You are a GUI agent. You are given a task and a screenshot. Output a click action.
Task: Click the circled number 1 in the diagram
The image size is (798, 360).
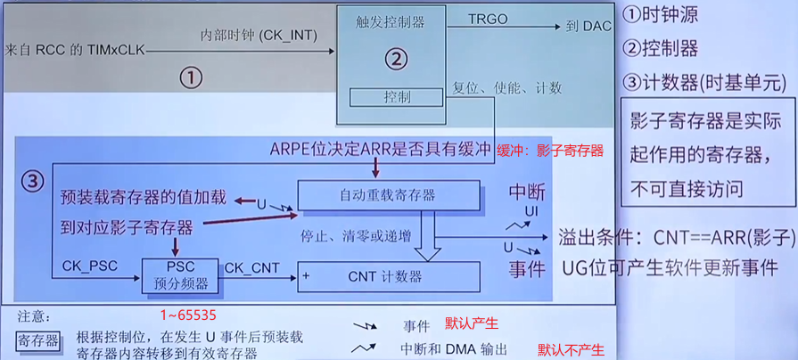(190, 78)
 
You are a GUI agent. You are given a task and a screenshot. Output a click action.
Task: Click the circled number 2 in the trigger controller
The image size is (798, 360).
(395, 59)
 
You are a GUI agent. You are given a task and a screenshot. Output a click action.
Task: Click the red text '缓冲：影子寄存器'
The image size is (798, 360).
(550, 151)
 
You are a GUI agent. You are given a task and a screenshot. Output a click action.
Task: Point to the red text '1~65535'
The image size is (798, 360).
(188, 315)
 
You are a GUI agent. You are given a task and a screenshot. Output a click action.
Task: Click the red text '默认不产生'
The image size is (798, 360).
(570, 350)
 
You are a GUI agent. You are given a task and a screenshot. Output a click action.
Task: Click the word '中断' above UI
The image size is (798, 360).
(527, 192)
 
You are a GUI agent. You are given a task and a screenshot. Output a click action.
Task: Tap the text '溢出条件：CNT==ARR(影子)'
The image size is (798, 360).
(676, 237)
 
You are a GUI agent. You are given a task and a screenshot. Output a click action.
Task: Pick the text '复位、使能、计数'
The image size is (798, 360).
(507, 88)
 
